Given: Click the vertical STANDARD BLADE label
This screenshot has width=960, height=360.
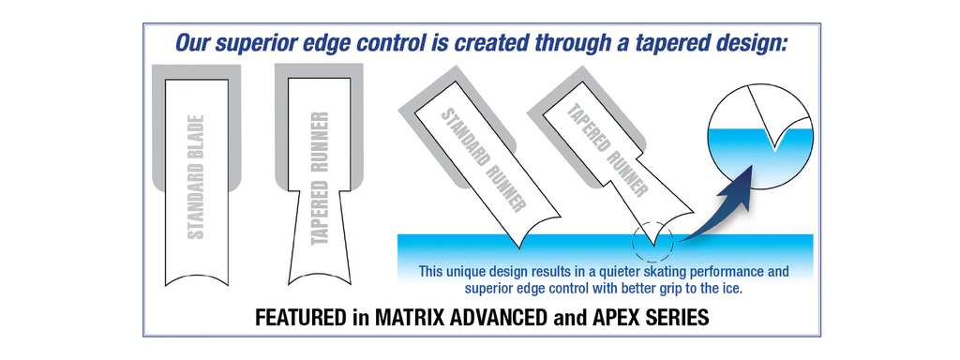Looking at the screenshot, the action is click(195, 176).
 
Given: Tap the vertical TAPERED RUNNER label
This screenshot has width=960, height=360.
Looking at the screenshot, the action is click(321, 178).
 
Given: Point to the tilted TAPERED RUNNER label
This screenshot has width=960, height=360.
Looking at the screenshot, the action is click(607, 151).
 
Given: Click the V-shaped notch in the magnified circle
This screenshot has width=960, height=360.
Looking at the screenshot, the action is click(775, 142).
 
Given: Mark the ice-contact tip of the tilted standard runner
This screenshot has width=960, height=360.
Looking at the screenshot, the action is click(520, 247).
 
